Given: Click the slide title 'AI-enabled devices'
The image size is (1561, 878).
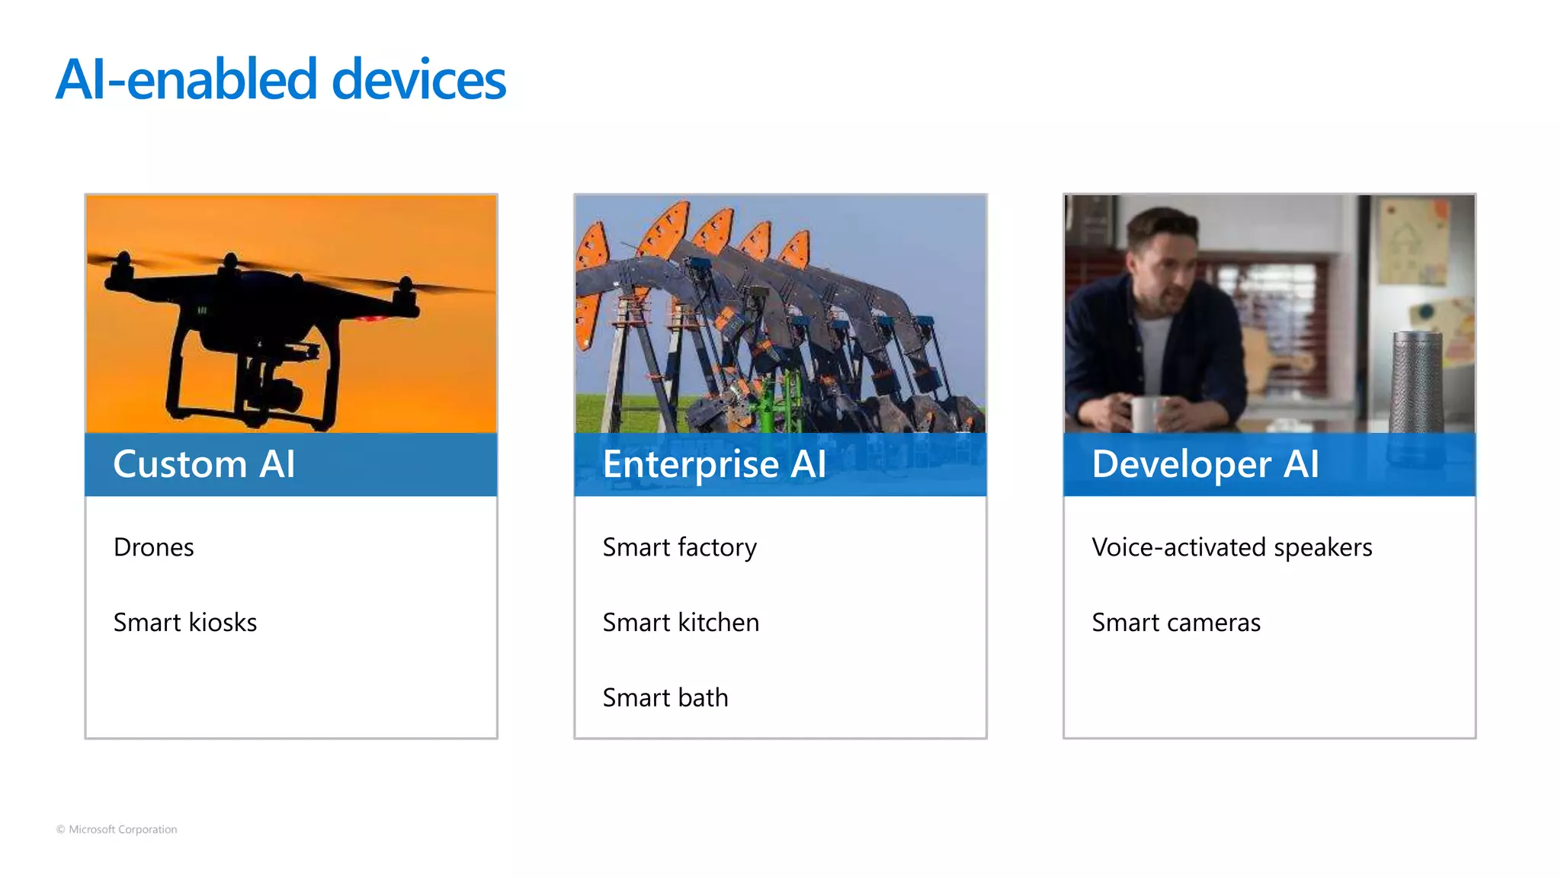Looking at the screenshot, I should point(280,79).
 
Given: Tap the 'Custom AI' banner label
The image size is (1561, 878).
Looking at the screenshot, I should point(204,464).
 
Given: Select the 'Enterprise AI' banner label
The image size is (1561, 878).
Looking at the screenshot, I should point(714,464).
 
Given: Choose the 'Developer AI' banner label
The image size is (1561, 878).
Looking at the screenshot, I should point(1205,464).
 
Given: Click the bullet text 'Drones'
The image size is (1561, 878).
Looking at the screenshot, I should point(153,547).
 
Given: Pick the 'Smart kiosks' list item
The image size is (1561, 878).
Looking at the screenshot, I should point(184,623).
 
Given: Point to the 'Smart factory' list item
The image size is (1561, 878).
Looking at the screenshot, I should point(679,547).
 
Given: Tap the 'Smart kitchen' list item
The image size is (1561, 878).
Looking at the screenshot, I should point(681,623).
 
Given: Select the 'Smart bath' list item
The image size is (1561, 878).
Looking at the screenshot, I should point(665,697).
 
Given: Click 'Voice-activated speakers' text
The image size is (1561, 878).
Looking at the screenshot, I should point(1232,547).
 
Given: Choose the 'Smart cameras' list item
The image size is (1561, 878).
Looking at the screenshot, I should point(1176,623).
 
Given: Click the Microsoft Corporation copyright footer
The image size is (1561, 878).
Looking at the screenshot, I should point(117,829).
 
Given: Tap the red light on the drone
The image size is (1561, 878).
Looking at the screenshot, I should point(373,318).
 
